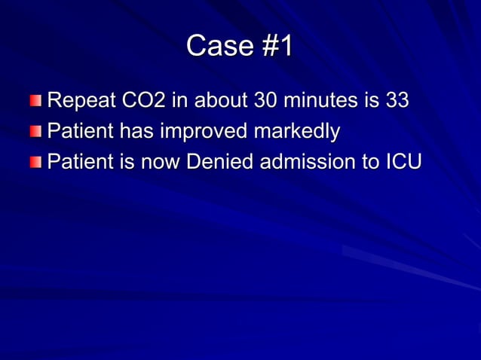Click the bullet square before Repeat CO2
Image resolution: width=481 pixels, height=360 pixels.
[37, 101]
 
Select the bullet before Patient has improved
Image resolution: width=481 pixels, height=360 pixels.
[37, 132]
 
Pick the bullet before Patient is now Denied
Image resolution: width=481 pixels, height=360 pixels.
[37, 163]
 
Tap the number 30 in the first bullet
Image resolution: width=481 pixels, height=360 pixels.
[267, 100]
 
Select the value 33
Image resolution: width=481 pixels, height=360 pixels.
[397, 100]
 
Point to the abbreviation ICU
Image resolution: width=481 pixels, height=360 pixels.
[403, 162]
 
